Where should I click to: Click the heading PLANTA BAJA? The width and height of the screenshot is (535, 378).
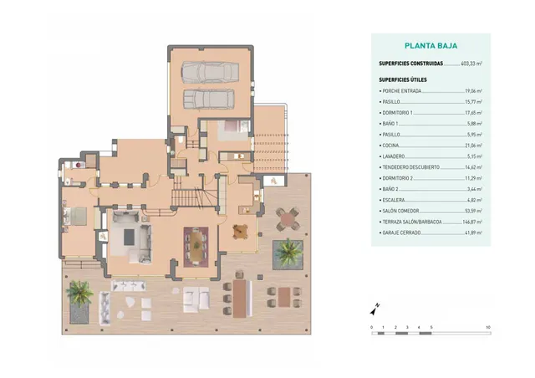[x=431, y=48]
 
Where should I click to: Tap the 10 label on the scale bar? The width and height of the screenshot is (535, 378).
[x=487, y=326]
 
